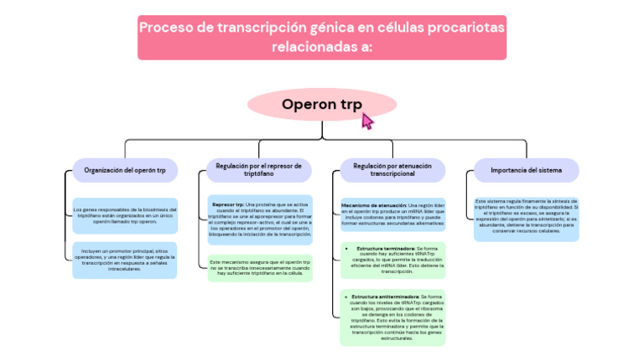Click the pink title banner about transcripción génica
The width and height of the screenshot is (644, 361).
(322, 37)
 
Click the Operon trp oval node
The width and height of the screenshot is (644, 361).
(322, 105)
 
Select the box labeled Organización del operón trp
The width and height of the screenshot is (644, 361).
(125, 170)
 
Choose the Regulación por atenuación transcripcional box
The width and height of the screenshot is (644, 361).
(392, 170)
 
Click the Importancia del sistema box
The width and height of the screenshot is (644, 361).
(526, 170)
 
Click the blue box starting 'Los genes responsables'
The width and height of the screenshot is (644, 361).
(125, 214)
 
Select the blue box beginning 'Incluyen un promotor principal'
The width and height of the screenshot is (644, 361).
(125, 260)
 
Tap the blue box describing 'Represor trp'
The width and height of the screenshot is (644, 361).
(259, 219)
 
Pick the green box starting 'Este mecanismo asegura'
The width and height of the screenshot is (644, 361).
(259, 268)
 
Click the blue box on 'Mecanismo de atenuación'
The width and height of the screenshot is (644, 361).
(392, 214)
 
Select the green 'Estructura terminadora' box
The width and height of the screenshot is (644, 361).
(392, 260)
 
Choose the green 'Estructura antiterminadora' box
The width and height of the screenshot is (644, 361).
(392, 316)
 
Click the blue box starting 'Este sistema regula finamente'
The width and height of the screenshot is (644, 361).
(526, 218)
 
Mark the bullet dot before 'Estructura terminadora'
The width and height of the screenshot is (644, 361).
(346, 249)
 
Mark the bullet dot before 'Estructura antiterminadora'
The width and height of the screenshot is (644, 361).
(346, 297)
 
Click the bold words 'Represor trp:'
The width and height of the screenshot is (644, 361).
(228, 204)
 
